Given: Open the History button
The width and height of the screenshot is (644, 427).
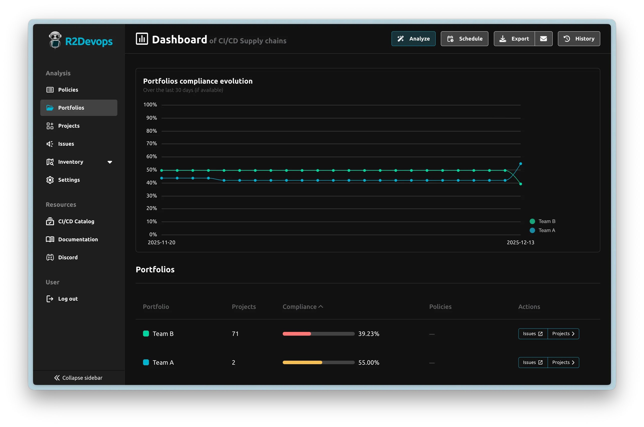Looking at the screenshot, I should click(579, 39).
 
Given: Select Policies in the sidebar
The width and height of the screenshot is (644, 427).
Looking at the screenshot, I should click(68, 90).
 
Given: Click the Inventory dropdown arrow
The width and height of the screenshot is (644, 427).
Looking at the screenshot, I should click(110, 162).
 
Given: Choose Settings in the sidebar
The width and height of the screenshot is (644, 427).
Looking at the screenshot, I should click(69, 180).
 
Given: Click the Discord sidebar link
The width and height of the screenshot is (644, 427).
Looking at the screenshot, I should click(68, 257).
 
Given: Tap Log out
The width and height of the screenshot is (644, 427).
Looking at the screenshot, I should click(68, 299).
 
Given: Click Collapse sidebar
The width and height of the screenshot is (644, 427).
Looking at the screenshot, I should click(78, 378).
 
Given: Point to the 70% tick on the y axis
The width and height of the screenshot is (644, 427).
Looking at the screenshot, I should click(152, 143).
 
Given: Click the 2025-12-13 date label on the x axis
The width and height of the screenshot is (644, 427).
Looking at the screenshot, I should click(520, 242).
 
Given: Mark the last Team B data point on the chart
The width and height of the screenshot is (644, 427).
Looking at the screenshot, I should click(520, 184).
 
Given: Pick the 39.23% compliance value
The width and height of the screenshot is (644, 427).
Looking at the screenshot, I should click(369, 334).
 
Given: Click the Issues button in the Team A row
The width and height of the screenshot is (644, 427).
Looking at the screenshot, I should click(532, 362).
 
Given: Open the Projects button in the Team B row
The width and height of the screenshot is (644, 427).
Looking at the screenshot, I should click(563, 334).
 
